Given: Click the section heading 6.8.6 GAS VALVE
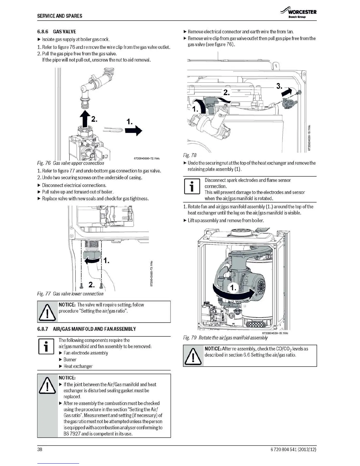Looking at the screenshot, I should tap(56, 31).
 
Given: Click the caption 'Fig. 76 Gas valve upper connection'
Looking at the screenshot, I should tap(71, 163).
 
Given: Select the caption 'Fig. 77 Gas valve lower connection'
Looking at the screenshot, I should tap(70, 294).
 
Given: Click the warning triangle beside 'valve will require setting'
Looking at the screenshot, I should tap(47, 312).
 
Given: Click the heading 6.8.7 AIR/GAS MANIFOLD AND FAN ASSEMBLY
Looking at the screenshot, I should tap(86, 329).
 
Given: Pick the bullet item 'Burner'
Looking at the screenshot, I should tap(70, 360).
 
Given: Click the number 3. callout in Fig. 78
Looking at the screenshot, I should tap(279, 86).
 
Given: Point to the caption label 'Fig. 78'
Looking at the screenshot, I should tap(190, 155).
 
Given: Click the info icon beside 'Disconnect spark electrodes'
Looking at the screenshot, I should tap(192, 186).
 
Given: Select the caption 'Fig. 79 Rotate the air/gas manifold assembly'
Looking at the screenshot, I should tap(225, 338).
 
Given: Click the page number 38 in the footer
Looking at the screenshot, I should tap(40, 450).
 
